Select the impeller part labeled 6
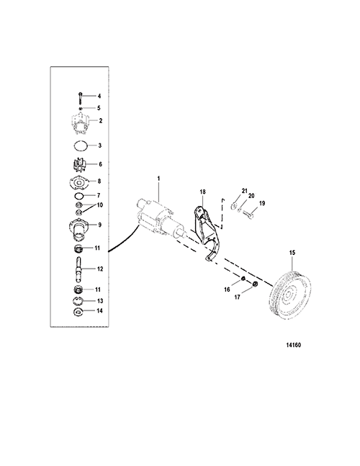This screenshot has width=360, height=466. (x=80, y=165)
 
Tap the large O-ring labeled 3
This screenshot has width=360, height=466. (x=80, y=145)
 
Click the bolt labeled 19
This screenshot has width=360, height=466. (x=248, y=214)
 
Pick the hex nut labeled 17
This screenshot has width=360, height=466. (x=255, y=284)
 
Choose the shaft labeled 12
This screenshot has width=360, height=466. (x=79, y=269)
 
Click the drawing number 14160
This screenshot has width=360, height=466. (x=294, y=345)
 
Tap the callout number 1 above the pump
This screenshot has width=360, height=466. (x=158, y=179)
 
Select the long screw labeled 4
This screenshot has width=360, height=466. (x=80, y=97)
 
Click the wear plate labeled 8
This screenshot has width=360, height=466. (x=80, y=182)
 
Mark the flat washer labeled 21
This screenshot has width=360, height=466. (x=234, y=205)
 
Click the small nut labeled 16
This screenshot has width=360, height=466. (x=243, y=279)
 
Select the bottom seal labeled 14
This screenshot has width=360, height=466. (x=78, y=312)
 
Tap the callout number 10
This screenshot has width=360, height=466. (x=100, y=205)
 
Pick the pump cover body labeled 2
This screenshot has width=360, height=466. (x=79, y=122)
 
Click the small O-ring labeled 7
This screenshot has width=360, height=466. (x=79, y=196)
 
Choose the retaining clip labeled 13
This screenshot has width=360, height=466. (x=78, y=301)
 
